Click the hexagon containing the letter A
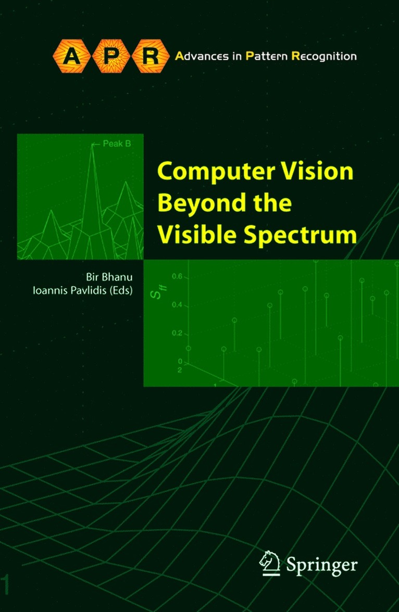(70, 56)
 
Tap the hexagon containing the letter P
(110, 56)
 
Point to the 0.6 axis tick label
(177, 277)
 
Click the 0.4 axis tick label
(177, 305)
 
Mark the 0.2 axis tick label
(177, 333)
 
